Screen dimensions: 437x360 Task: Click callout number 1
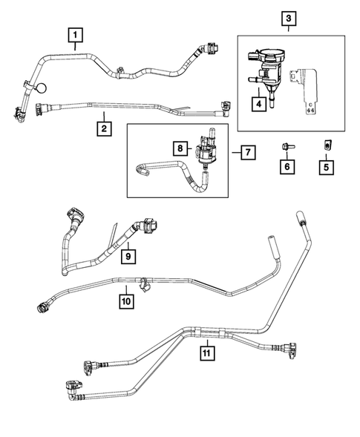point(76,33)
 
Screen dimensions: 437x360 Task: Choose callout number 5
point(325,168)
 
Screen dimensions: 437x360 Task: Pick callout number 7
point(247,153)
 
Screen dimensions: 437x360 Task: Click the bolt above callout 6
point(287,145)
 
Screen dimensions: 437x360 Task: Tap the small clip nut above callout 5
point(325,145)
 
